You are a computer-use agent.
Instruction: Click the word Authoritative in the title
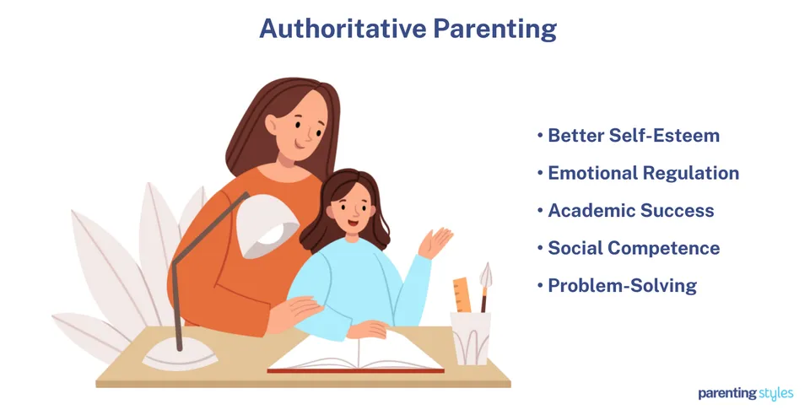(x=343, y=29)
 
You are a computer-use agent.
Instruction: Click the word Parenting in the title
(x=495, y=30)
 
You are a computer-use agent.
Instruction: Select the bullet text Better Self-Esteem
(x=634, y=135)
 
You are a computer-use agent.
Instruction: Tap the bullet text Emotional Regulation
(x=643, y=174)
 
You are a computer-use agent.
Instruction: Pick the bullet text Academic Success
(x=631, y=211)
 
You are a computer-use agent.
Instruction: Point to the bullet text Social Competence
(x=634, y=248)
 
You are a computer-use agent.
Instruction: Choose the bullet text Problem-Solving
(x=623, y=286)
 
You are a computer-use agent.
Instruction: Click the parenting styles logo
(x=745, y=393)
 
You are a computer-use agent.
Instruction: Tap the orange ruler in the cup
(x=462, y=295)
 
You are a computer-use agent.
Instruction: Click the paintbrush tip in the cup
(x=486, y=274)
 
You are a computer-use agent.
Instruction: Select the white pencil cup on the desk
(x=471, y=338)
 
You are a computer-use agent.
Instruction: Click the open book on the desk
(x=355, y=353)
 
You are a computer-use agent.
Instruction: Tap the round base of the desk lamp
(x=180, y=355)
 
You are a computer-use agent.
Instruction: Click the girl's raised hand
(x=435, y=243)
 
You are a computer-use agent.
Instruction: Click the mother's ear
(x=272, y=124)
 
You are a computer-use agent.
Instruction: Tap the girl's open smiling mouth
(x=354, y=224)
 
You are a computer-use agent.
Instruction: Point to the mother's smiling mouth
(x=300, y=144)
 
